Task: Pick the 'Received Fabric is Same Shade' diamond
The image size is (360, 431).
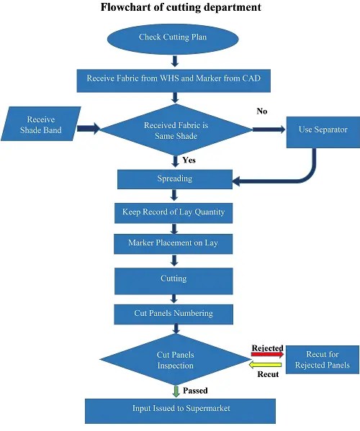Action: [x=176, y=130]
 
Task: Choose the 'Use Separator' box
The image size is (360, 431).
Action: [x=323, y=130]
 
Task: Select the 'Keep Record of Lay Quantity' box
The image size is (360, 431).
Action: [x=173, y=212]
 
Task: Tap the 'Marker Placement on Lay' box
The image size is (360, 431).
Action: [x=173, y=244]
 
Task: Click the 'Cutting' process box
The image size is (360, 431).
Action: [x=173, y=279]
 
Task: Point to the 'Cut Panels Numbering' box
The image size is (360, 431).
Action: [x=173, y=313]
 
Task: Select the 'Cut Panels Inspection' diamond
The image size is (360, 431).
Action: [x=175, y=360]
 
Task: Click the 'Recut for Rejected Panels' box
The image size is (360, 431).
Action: [x=322, y=360]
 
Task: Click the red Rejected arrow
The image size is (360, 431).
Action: [x=267, y=355]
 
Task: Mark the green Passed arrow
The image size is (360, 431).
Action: [x=175, y=390]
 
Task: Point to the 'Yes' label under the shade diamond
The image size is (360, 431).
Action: [x=189, y=160]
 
